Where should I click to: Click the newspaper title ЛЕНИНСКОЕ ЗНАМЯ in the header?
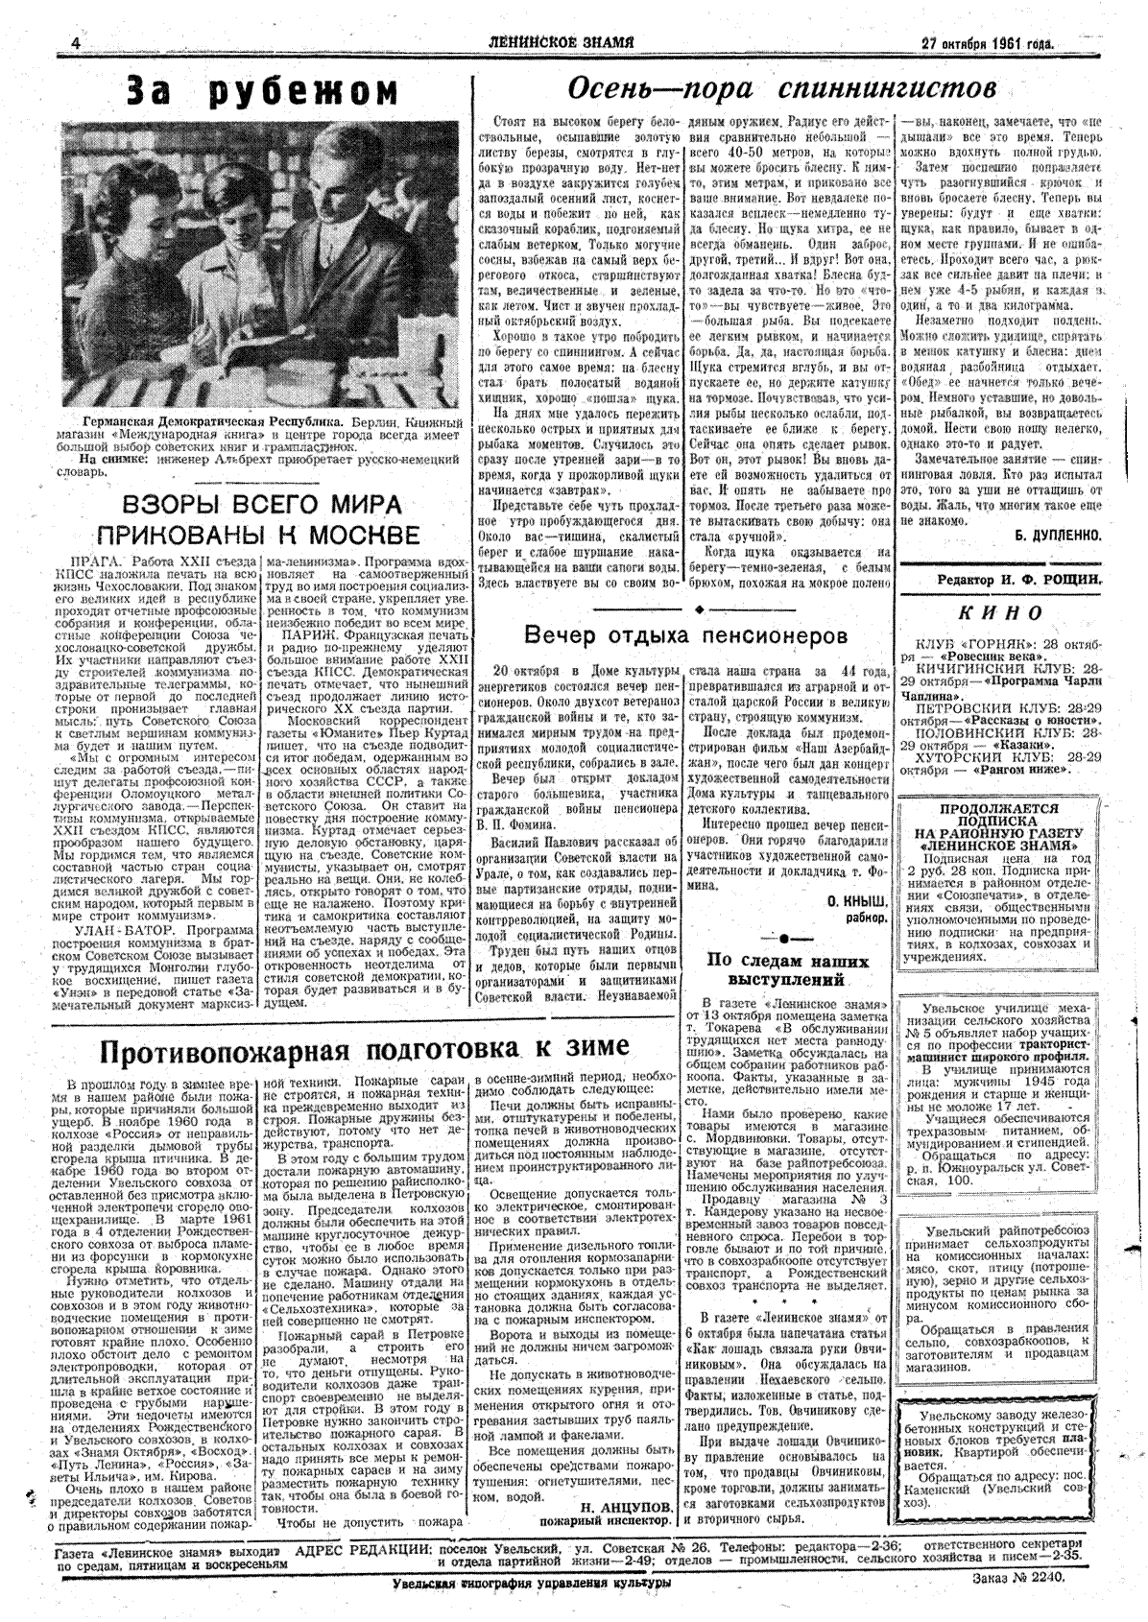[x=561, y=42]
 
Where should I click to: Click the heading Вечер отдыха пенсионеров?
[x=686, y=635]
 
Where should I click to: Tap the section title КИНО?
[x=1000, y=612]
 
